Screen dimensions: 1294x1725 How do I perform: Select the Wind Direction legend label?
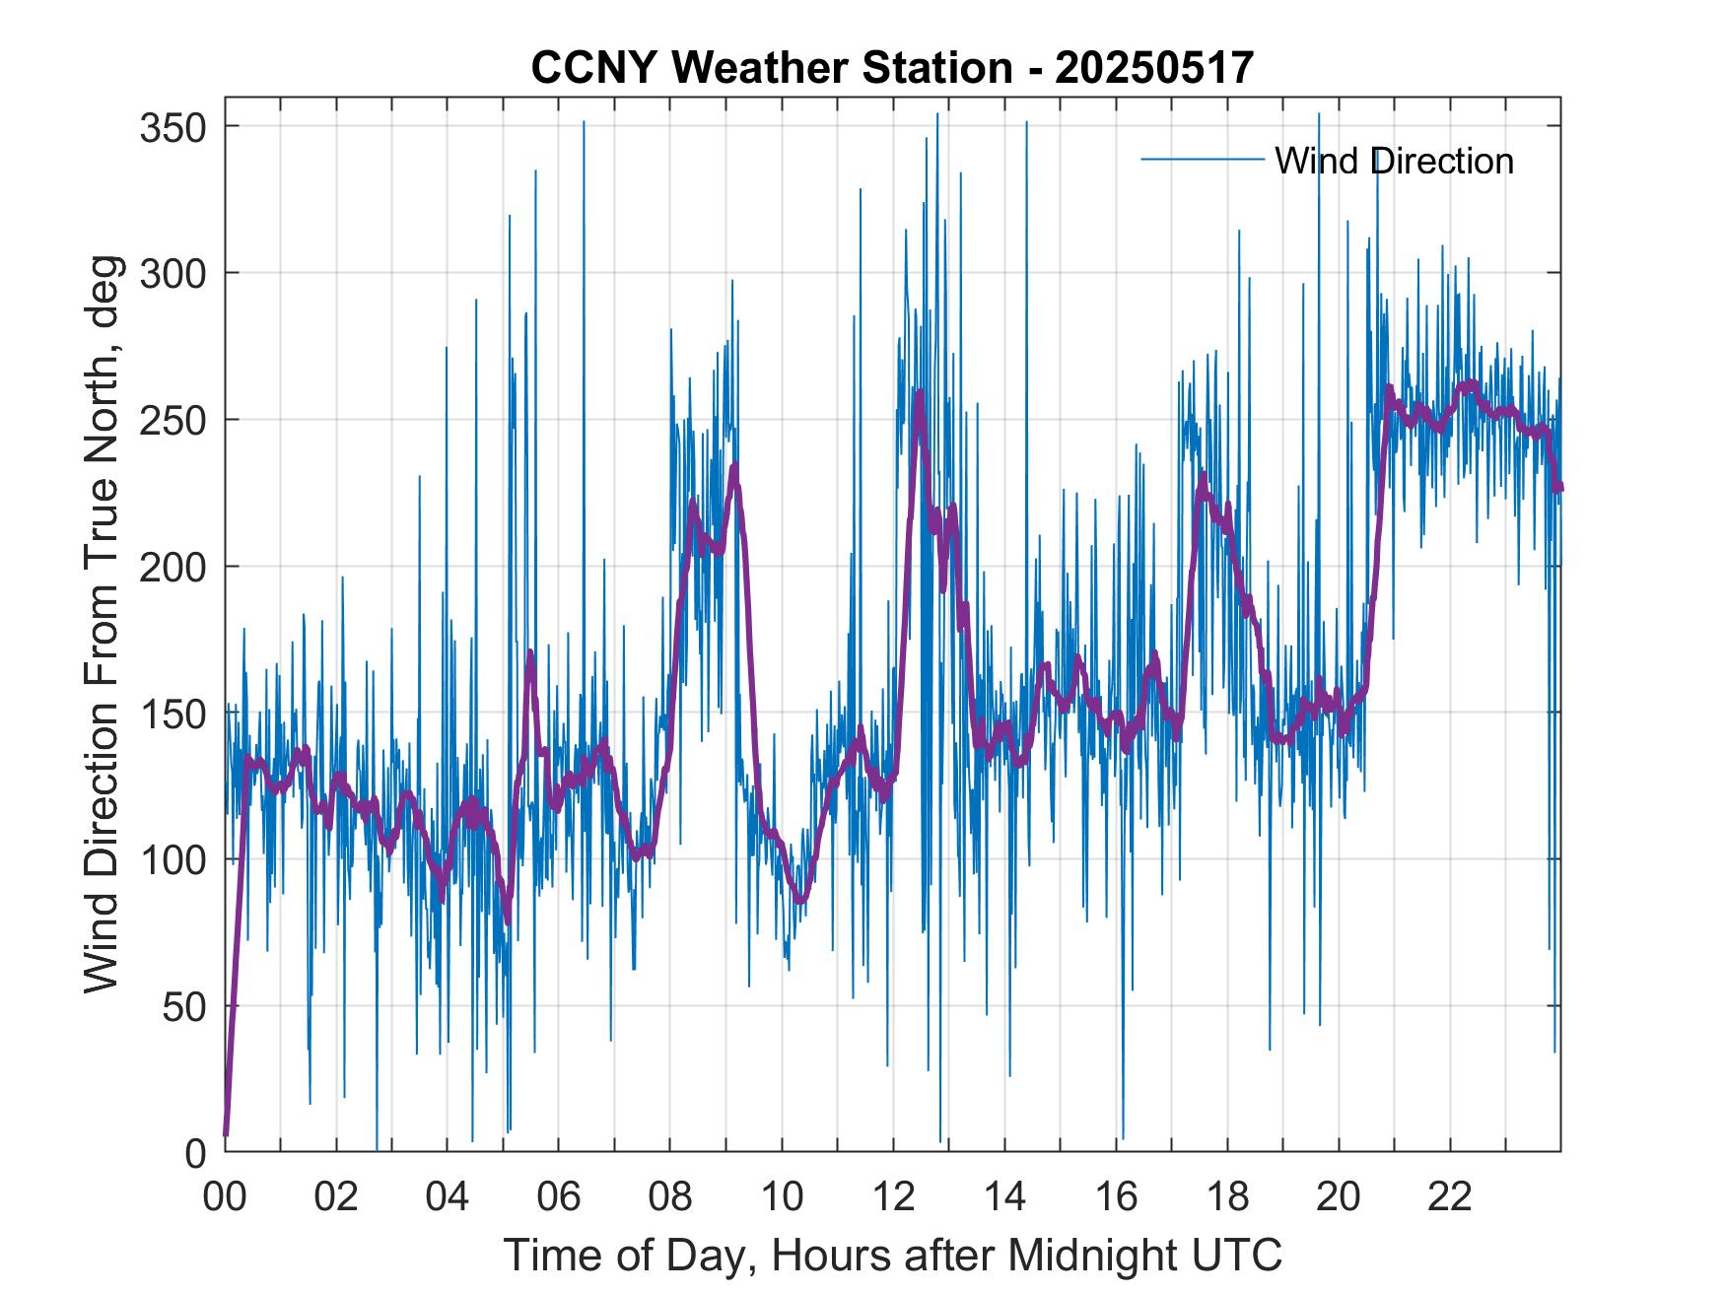click(x=1394, y=161)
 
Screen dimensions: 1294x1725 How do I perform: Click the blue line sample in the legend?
click(x=1202, y=160)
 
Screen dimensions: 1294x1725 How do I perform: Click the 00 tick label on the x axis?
click(x=225, y=1197)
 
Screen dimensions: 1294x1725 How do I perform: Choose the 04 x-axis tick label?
click(x=448, y=1197)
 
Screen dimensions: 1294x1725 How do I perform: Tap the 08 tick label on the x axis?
click(x=670, y=1197)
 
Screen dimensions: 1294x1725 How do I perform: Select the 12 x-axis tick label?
click(x=893, y=1197)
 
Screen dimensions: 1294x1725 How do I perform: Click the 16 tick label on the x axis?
click(x=1116, y=1197)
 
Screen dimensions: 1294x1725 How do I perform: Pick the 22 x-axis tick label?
click(x=1450, y=1197)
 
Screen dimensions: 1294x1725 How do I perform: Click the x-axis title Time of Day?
click(x=892, y=1256)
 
